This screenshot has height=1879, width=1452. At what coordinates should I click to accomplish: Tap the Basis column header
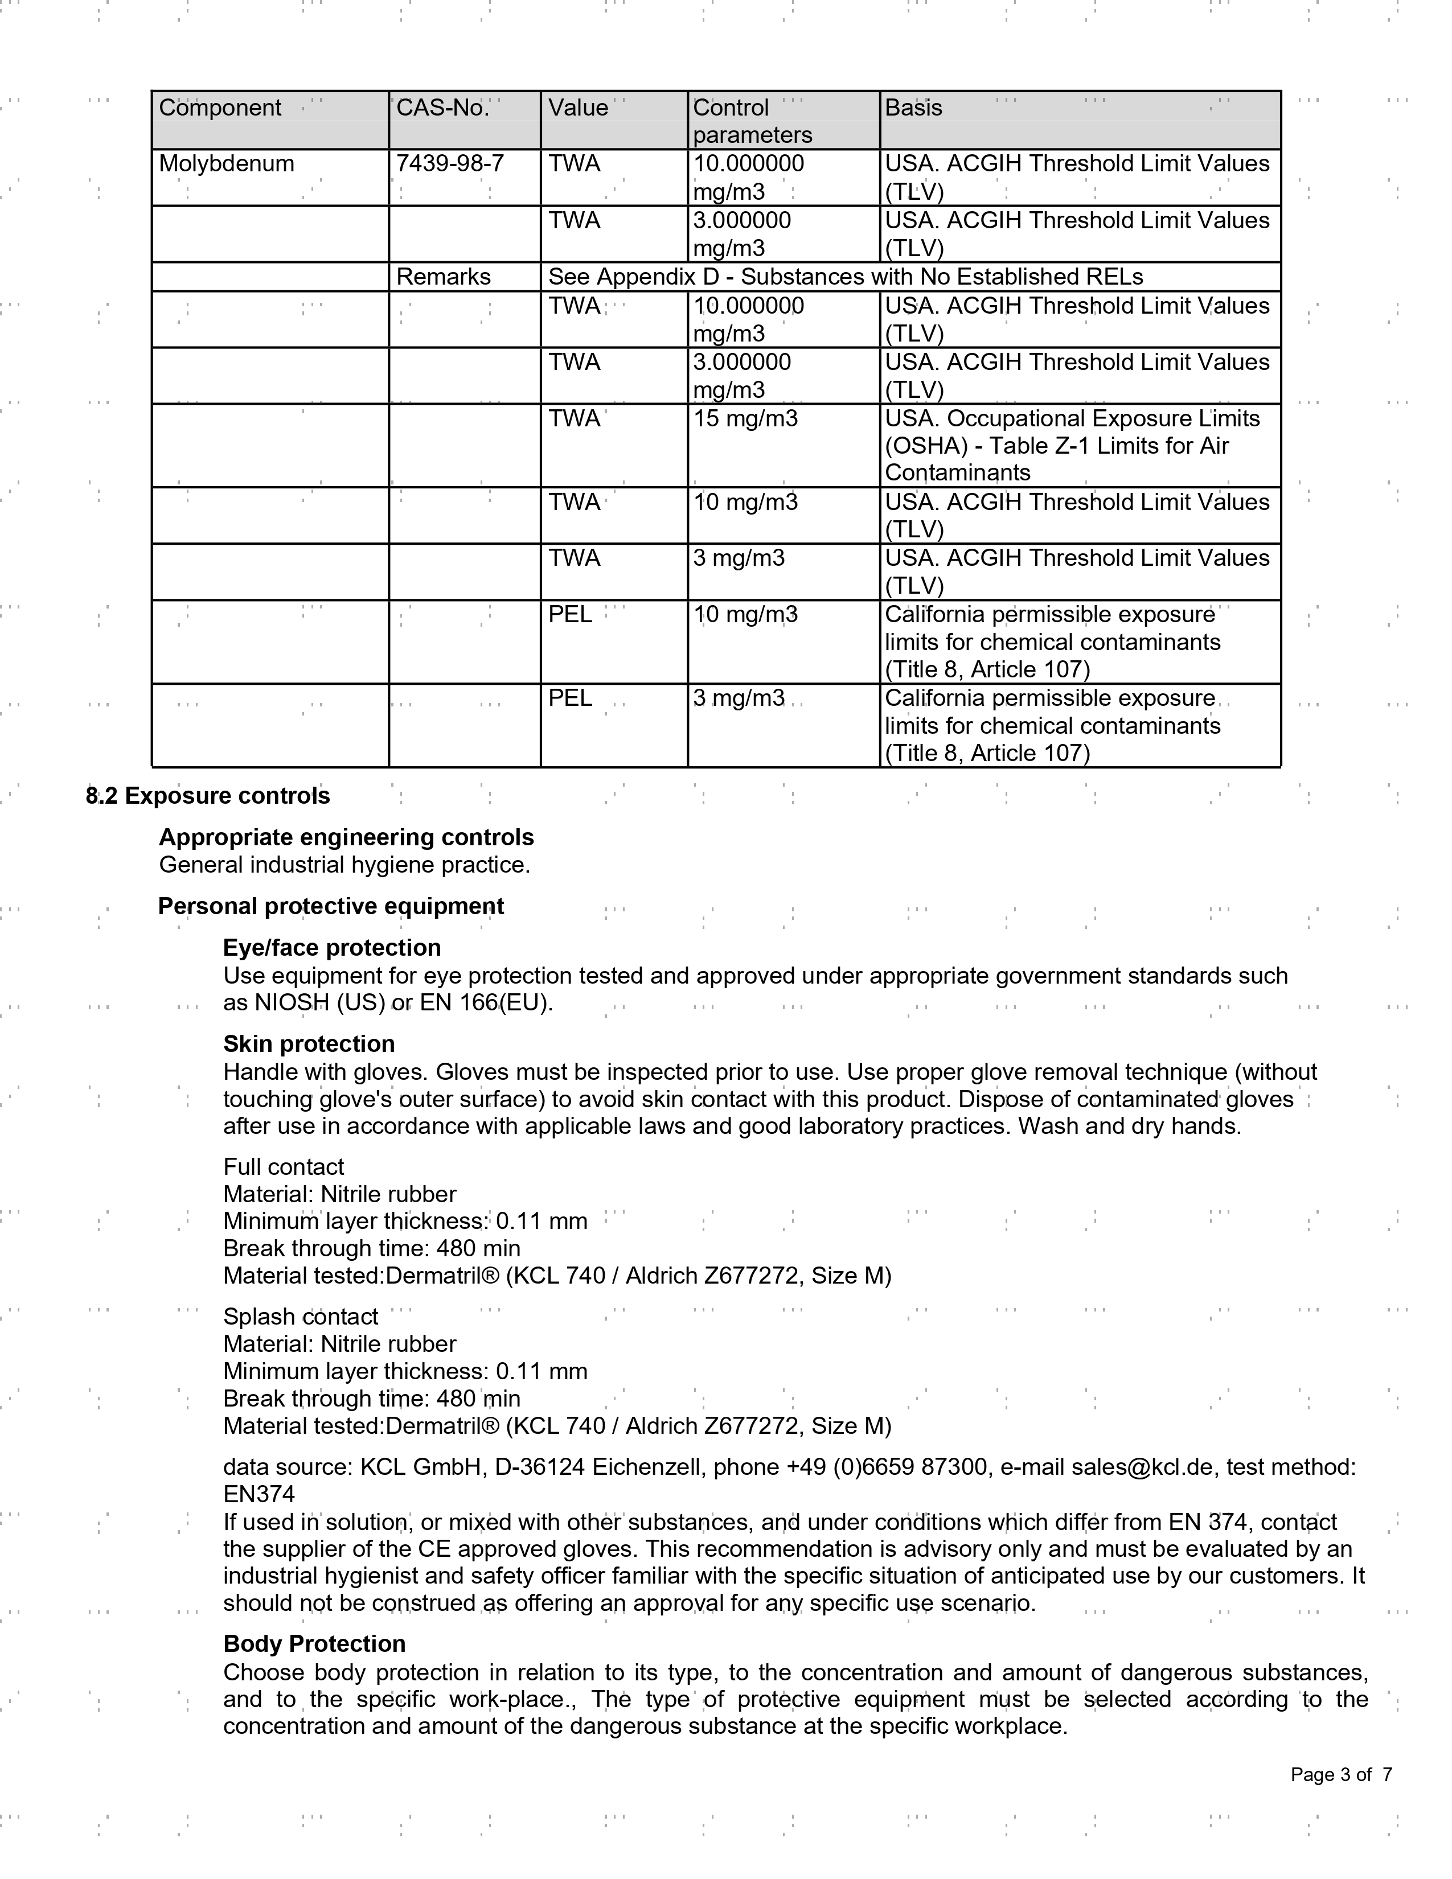coord(913,108)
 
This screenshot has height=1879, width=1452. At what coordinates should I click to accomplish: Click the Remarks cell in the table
coord(443,277)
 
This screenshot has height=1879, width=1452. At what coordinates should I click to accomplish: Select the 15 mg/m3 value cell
coord(745,419)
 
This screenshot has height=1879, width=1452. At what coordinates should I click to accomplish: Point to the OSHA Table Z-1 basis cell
coord(1072,446)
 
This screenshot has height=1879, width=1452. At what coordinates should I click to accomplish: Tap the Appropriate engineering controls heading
coord(346,837)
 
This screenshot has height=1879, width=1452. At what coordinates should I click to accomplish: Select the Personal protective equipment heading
coord(330,906)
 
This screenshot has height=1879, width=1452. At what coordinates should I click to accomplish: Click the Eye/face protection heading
coord(331,947)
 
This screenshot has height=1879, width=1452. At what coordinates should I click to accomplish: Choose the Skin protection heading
coord(309,1043)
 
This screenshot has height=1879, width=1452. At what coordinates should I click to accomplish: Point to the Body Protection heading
coord(314,1643)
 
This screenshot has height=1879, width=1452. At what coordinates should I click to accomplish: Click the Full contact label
coord(283,1167)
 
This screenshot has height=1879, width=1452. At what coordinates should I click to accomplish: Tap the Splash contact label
coord(301,1317)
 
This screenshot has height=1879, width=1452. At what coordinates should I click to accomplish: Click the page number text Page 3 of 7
coord(1341,1775)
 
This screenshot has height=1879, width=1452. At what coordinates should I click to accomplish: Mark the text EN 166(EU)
coord(486,1003)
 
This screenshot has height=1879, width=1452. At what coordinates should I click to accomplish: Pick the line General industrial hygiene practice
coord(344,865)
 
